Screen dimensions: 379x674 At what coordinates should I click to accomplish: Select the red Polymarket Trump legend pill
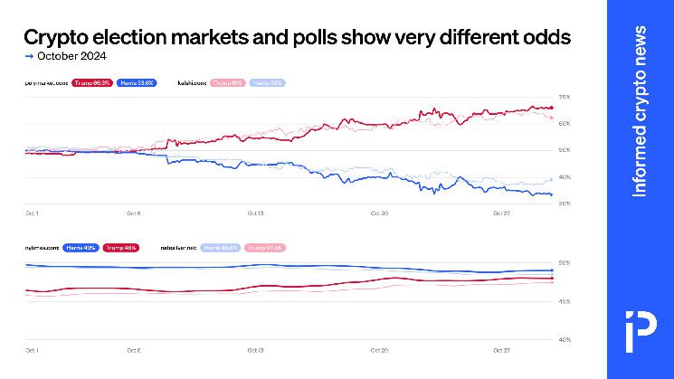(94, 82)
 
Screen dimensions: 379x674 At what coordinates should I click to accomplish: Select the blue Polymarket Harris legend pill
(138, 82)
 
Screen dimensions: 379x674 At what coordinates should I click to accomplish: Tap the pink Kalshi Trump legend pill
(228, 82)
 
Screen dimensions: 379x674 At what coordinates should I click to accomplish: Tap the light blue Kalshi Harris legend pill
(267, 82)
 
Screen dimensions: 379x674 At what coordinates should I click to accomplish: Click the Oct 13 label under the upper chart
(256, 213)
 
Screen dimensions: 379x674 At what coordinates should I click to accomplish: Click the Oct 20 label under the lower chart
(380, 349)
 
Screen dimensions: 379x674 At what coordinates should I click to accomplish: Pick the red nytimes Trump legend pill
(120, 247)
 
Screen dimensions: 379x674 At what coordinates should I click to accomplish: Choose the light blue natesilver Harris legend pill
(220, 247)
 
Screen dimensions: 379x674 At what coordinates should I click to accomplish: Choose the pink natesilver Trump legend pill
(264, 247)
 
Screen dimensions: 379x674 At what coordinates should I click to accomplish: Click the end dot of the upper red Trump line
(551, 109)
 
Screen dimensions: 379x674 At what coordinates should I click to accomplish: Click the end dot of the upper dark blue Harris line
(551, 194)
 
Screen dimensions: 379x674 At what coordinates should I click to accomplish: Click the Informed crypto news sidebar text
(640, 111)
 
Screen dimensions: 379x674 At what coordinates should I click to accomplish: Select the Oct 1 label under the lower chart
(31, 349)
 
